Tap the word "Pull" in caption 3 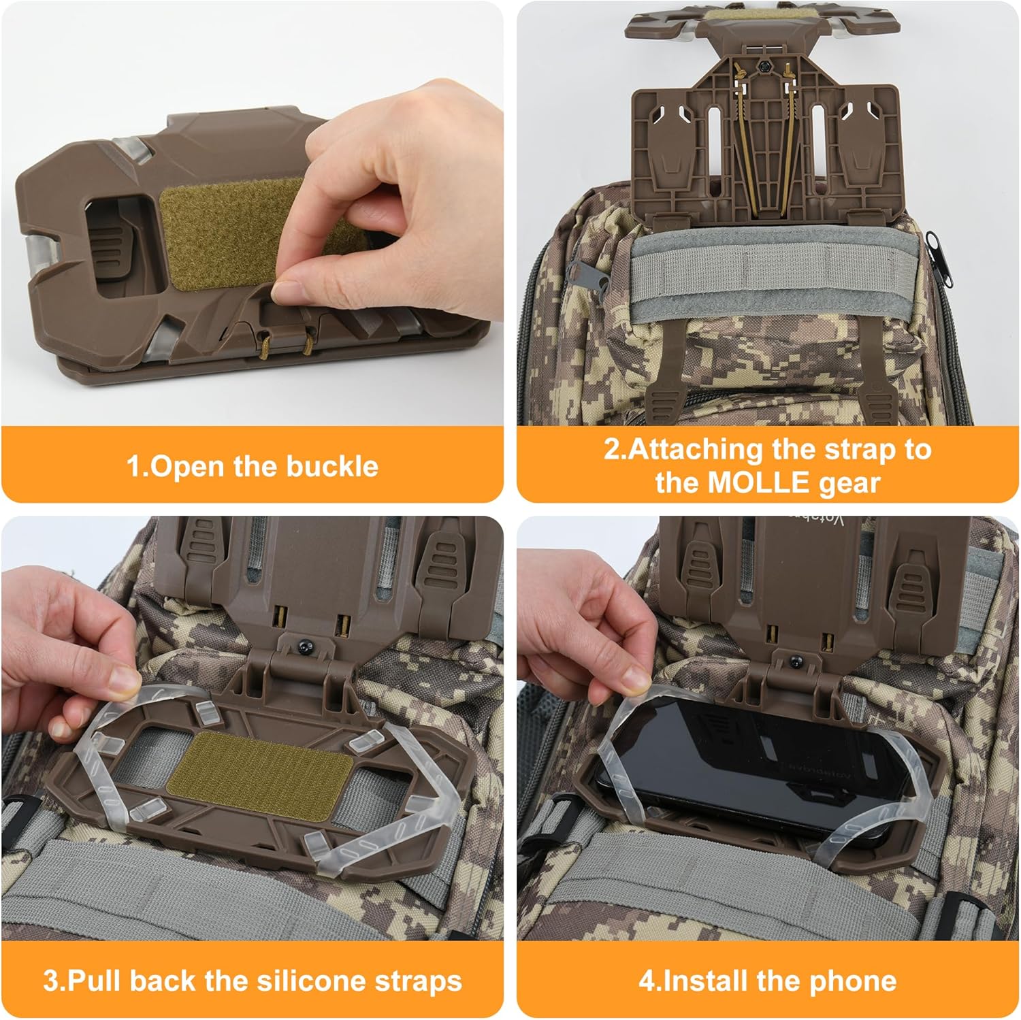[95, 981]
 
